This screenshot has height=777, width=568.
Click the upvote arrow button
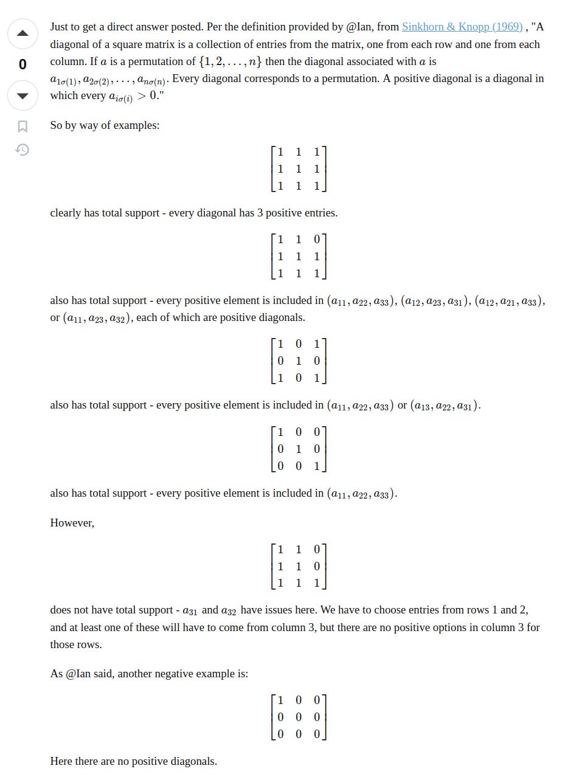[23, 33]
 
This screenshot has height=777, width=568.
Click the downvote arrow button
[23, 95]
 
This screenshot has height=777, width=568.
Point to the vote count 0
[23, 64]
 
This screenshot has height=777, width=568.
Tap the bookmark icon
[23, 126]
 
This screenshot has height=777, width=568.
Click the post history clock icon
[23, 150]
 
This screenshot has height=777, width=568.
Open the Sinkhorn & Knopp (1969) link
[462, 27]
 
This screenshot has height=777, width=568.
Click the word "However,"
[72, 523]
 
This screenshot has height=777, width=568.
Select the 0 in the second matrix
[316, 240]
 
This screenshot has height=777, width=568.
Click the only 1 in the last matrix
[280, 700]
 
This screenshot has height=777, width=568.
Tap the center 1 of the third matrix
[298, 361]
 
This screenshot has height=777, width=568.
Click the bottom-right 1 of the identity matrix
[316, 466]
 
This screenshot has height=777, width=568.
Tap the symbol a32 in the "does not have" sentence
[228, 610]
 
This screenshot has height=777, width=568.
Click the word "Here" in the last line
[61, 761]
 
